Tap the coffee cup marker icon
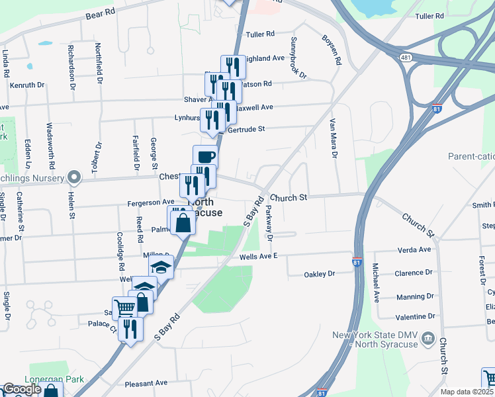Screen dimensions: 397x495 tap(205, 157)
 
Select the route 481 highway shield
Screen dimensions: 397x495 tap(406, 58)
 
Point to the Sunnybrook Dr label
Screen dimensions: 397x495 tap(297, 57)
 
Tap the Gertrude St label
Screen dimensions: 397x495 tap(246, 130)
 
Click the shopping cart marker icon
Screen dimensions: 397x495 tap(124, 308)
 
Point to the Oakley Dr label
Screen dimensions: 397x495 tap(320, 274)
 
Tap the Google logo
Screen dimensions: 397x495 tap(21, 389)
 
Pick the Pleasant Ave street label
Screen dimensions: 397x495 tap(146, 383)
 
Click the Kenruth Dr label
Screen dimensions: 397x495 tap(26, 85)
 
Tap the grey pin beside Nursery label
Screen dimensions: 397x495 tap(74, 178)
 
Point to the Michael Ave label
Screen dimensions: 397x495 tap(375, 281)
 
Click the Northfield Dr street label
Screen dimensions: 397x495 tap(99, 62)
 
